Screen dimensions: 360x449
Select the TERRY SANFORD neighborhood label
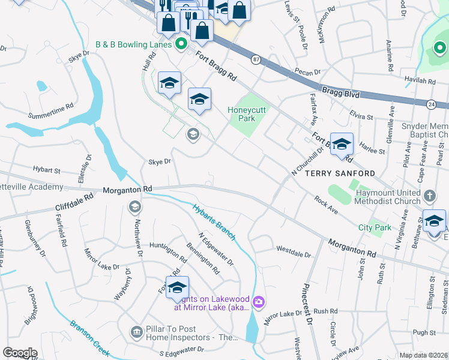click(340, 173)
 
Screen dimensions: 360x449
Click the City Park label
click(375, 227)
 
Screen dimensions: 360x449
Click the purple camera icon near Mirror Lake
click(259, 301)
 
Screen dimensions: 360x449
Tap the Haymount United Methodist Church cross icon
click(430, 196)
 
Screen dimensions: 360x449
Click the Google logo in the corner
click(20, 352)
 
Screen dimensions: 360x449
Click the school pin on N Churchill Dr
click(342, 145)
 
